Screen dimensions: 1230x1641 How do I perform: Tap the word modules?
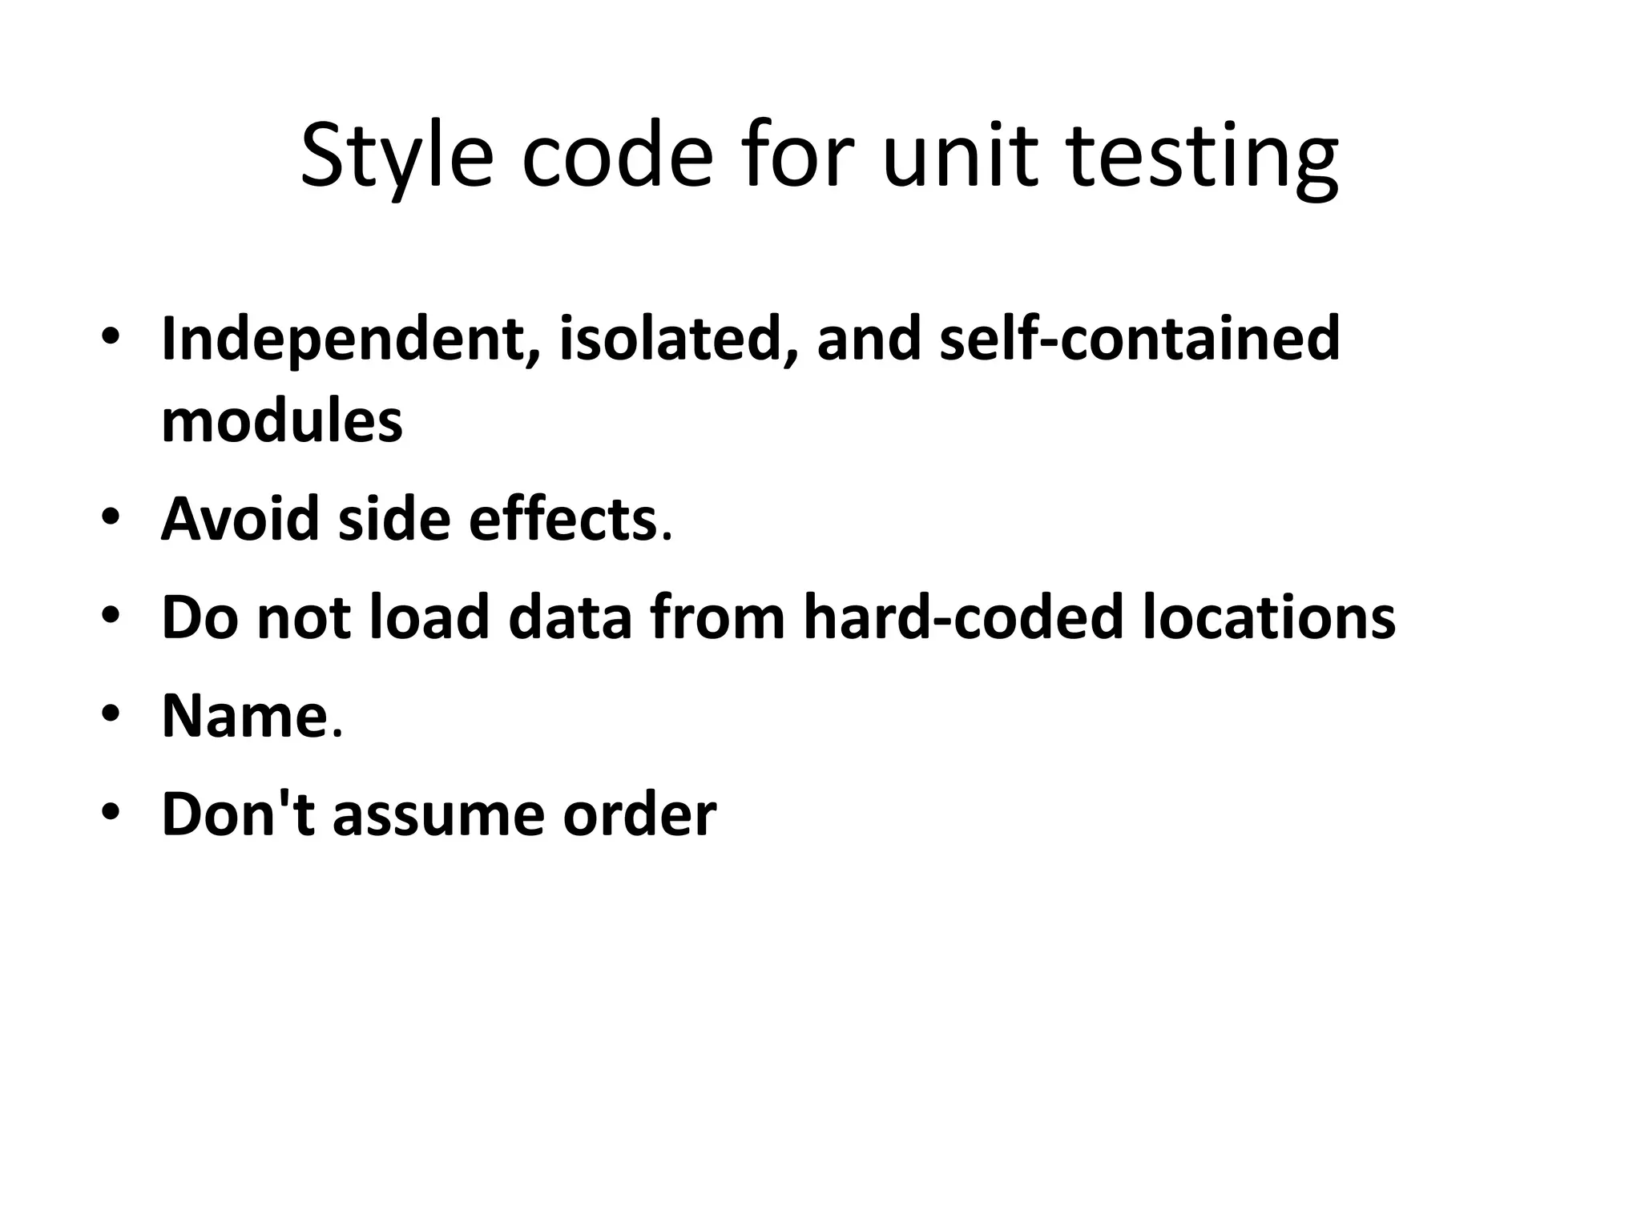click(282, 421)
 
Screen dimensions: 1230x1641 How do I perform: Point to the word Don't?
click(239, 814)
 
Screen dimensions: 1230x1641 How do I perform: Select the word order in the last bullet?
click(639, 814)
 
